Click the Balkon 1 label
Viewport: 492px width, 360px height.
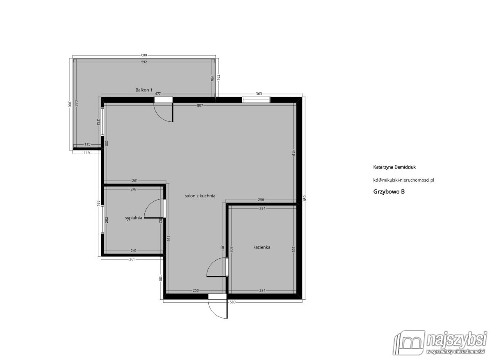tap(143, 90)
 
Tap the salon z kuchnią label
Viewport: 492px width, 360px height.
tap(200, 196)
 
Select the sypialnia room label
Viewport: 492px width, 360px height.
tap(133, 218)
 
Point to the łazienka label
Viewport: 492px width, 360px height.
tap(262, 247)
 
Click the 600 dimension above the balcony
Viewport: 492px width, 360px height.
tap(144, 55)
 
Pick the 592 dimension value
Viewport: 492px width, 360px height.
tap(144, 62)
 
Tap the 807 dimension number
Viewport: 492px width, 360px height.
tap(200, 105)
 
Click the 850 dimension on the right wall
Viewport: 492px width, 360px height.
tap(304, 198)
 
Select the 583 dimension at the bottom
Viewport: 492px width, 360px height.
tap(232, 302)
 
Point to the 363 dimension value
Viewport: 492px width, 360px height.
tap(259, 94)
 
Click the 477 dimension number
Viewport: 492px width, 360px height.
tap(158, 94)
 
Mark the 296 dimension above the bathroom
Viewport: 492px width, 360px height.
tap(261, 200)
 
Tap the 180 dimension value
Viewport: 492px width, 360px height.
tap(160, 278)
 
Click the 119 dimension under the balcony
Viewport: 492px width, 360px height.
tap(87, 153)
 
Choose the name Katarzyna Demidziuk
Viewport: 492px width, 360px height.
tap(394, 167)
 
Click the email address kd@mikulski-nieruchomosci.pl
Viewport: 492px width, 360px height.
tap(404, 180)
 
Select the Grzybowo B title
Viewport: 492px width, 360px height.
tap(389, 191)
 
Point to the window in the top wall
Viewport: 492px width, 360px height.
tap(256, 100)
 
